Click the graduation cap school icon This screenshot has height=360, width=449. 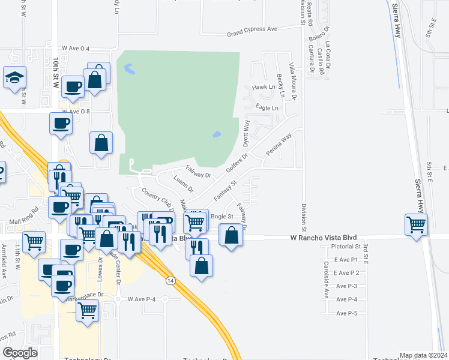pos(14,77)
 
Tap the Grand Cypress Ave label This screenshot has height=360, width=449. pos(252,29)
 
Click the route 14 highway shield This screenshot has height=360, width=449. pos(171,280)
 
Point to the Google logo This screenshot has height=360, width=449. pos(19,353)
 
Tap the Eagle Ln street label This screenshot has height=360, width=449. pos(267,108)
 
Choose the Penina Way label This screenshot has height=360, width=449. pos(279,145)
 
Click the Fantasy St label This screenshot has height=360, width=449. pos(226,187)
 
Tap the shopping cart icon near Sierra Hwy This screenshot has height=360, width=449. pos(416,224)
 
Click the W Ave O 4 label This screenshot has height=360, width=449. pos(76,48)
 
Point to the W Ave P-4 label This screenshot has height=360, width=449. pos(142,299)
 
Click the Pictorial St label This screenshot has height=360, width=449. pos(340,246)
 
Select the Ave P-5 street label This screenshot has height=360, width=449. pos(347,313)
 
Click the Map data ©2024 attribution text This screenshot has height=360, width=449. pos(423,355)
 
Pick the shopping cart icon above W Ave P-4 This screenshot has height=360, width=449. pos(88,311)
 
